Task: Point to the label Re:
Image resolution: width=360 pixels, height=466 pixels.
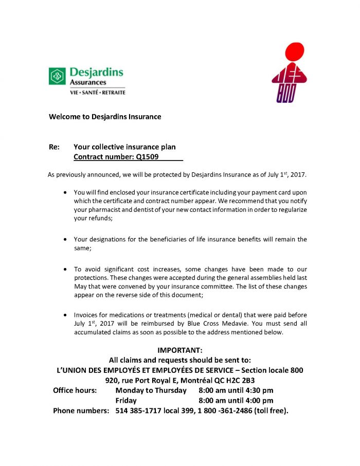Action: [x=54, y=147]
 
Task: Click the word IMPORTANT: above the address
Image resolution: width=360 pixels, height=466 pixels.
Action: [x=180, y=350]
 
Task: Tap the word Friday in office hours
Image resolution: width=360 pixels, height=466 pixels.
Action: [x=126, y=400]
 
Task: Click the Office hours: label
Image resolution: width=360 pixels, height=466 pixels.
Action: [x=75, y=390]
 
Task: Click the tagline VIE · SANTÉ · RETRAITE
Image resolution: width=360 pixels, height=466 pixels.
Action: [x=97, y=93]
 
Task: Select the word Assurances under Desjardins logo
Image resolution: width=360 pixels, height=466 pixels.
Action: [x=88, y=82]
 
